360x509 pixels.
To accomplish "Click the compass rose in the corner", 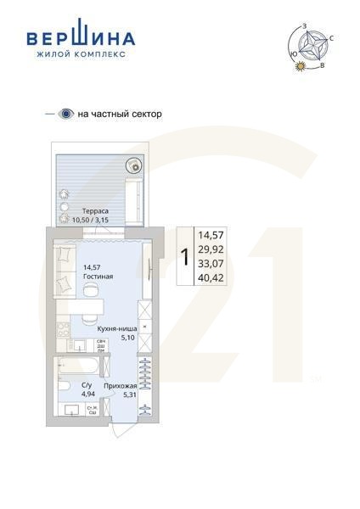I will pos(316,45).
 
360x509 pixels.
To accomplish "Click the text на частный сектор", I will pos(119,114).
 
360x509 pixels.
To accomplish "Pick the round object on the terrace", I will pos(132,167).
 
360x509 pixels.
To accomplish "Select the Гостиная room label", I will pos(98,277).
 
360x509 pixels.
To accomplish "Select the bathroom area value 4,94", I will pos(87,394).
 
